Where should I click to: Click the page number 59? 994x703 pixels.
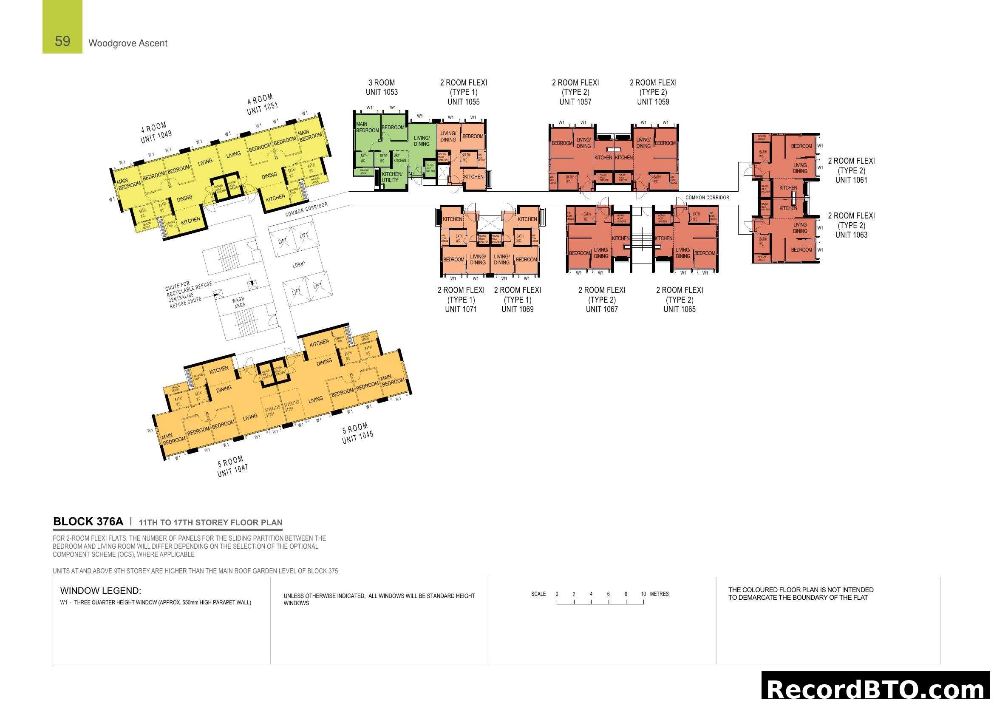click(62, 41)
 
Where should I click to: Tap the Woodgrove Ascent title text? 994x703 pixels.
click(128, 43)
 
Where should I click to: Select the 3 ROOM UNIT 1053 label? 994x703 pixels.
click(381, 87)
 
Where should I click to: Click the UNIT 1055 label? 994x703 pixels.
click(463, 102)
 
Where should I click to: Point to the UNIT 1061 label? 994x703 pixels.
click(851, 180)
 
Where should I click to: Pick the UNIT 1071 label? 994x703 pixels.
click(461, 309)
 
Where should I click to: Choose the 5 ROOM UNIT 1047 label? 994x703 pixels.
click(232, 466)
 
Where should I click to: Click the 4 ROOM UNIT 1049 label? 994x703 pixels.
click(156, 133)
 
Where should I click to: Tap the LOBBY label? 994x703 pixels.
click(299, 264)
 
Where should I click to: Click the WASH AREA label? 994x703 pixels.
click(239, 302)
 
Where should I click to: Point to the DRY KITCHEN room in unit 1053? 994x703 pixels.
click(399, 158)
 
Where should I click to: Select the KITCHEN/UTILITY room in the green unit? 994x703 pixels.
click(391, 177)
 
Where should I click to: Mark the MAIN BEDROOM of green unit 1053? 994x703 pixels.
click(367, 127)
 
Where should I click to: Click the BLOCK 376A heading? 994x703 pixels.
click(88, 522)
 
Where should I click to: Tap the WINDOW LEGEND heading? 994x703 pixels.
click(100, 590)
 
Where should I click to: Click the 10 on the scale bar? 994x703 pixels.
click(643, 594)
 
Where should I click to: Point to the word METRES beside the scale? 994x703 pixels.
click(660, 594)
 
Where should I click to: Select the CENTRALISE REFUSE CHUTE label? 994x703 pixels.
click(185, 300)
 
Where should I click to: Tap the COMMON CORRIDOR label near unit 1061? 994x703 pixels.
click(707, 197)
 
